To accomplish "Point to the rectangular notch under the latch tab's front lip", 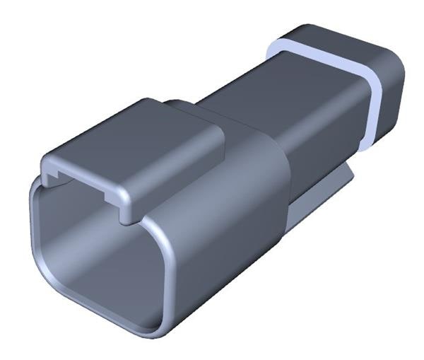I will (85, 173).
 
